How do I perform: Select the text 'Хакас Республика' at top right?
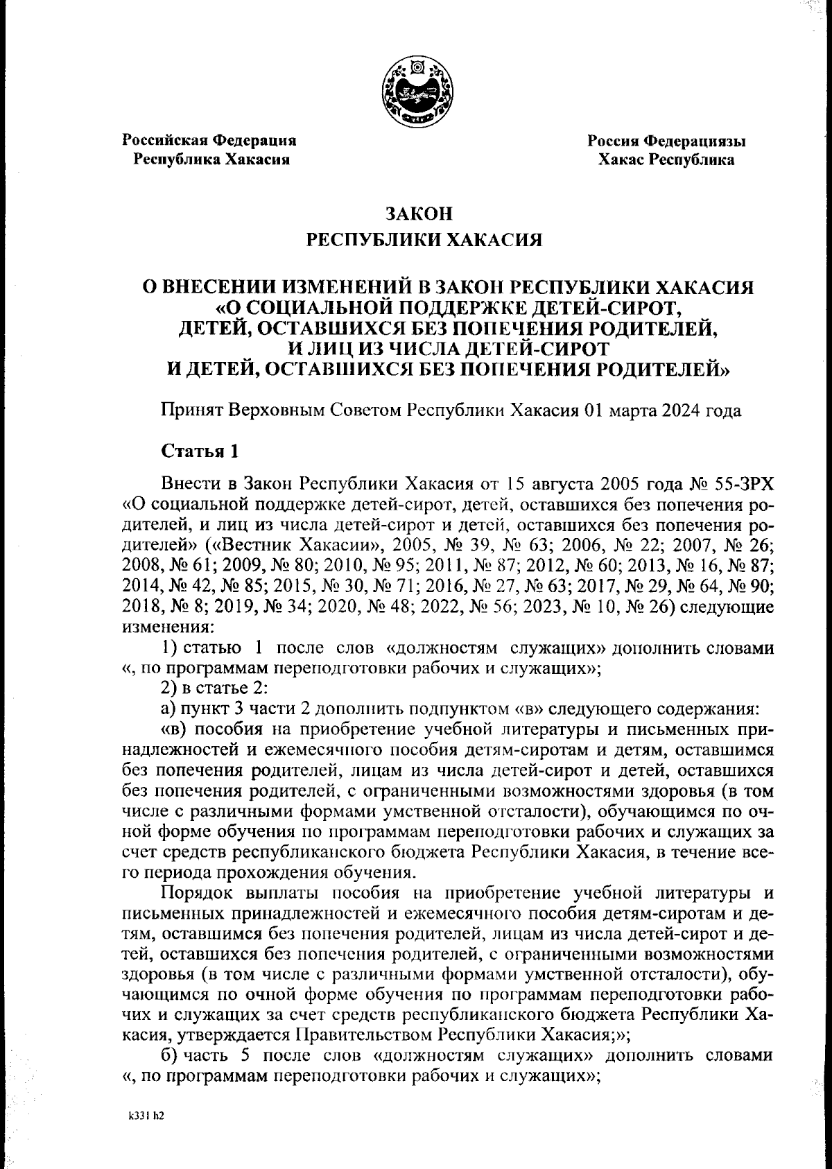pos(666,160)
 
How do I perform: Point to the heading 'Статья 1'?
pos(200,451)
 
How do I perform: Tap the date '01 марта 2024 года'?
pos(662,410)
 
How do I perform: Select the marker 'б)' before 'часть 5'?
pos(170,1056)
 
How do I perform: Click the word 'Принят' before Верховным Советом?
pos(189,410)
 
